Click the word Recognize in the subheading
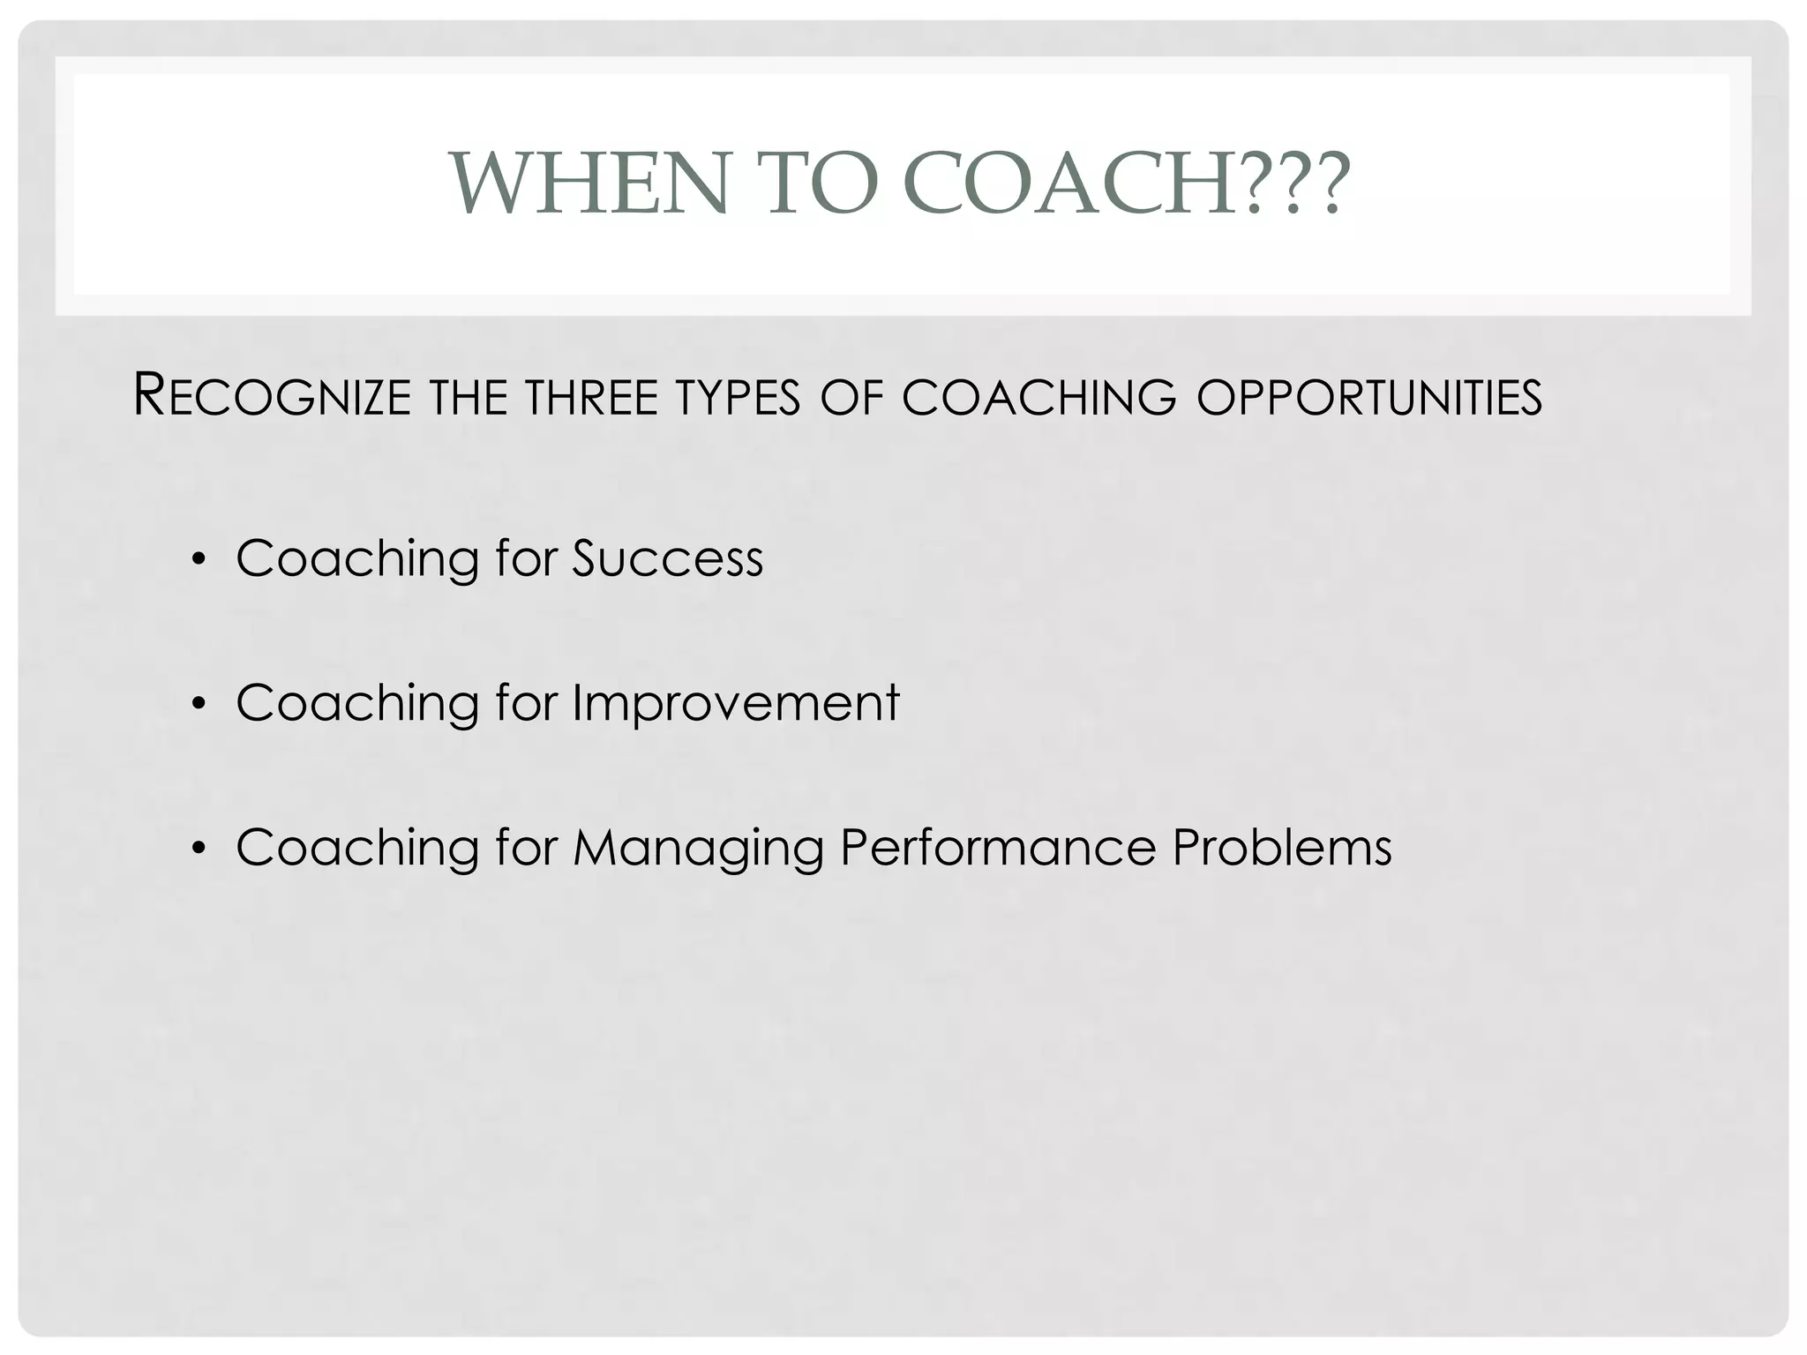click(x=272, y=396)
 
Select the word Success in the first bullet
click(x=667, y=558)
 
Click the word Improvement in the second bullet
click(x=736, y=703)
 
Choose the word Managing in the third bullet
click(x=697, y=849)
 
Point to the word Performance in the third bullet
click(x=997, y=848)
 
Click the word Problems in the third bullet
click(x=1281, y=848)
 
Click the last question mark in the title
click(x=1326, y=183)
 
